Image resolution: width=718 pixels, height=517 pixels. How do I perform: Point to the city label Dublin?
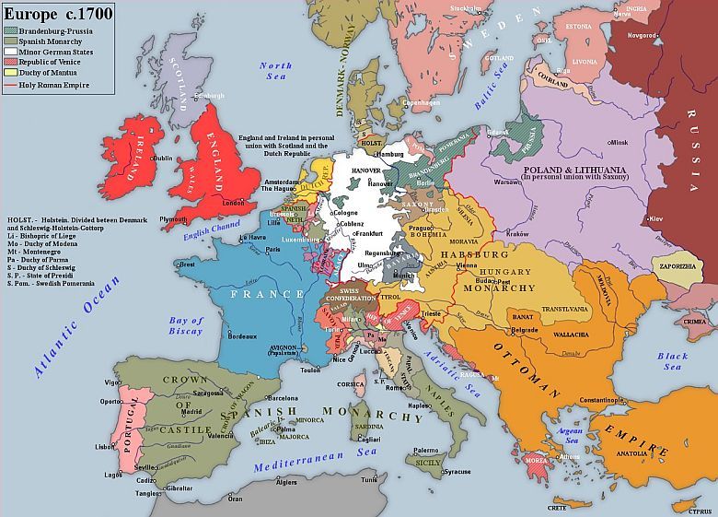coord(162,158)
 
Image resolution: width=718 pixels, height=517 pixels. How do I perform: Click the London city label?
coord(234,203)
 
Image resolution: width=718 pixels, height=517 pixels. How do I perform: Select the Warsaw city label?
coord(508,182)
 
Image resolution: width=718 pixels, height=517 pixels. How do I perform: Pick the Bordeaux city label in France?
coord(241,337)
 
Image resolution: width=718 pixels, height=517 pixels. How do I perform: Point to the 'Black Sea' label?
coord(672,361)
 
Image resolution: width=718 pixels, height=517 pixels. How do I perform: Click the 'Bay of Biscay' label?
coord(186,326)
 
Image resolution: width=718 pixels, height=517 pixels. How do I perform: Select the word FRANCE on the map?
coord(267,294)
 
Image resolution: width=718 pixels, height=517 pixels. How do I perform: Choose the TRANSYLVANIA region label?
coord(564,310)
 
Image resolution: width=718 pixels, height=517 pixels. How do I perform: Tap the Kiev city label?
coord(655,218)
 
